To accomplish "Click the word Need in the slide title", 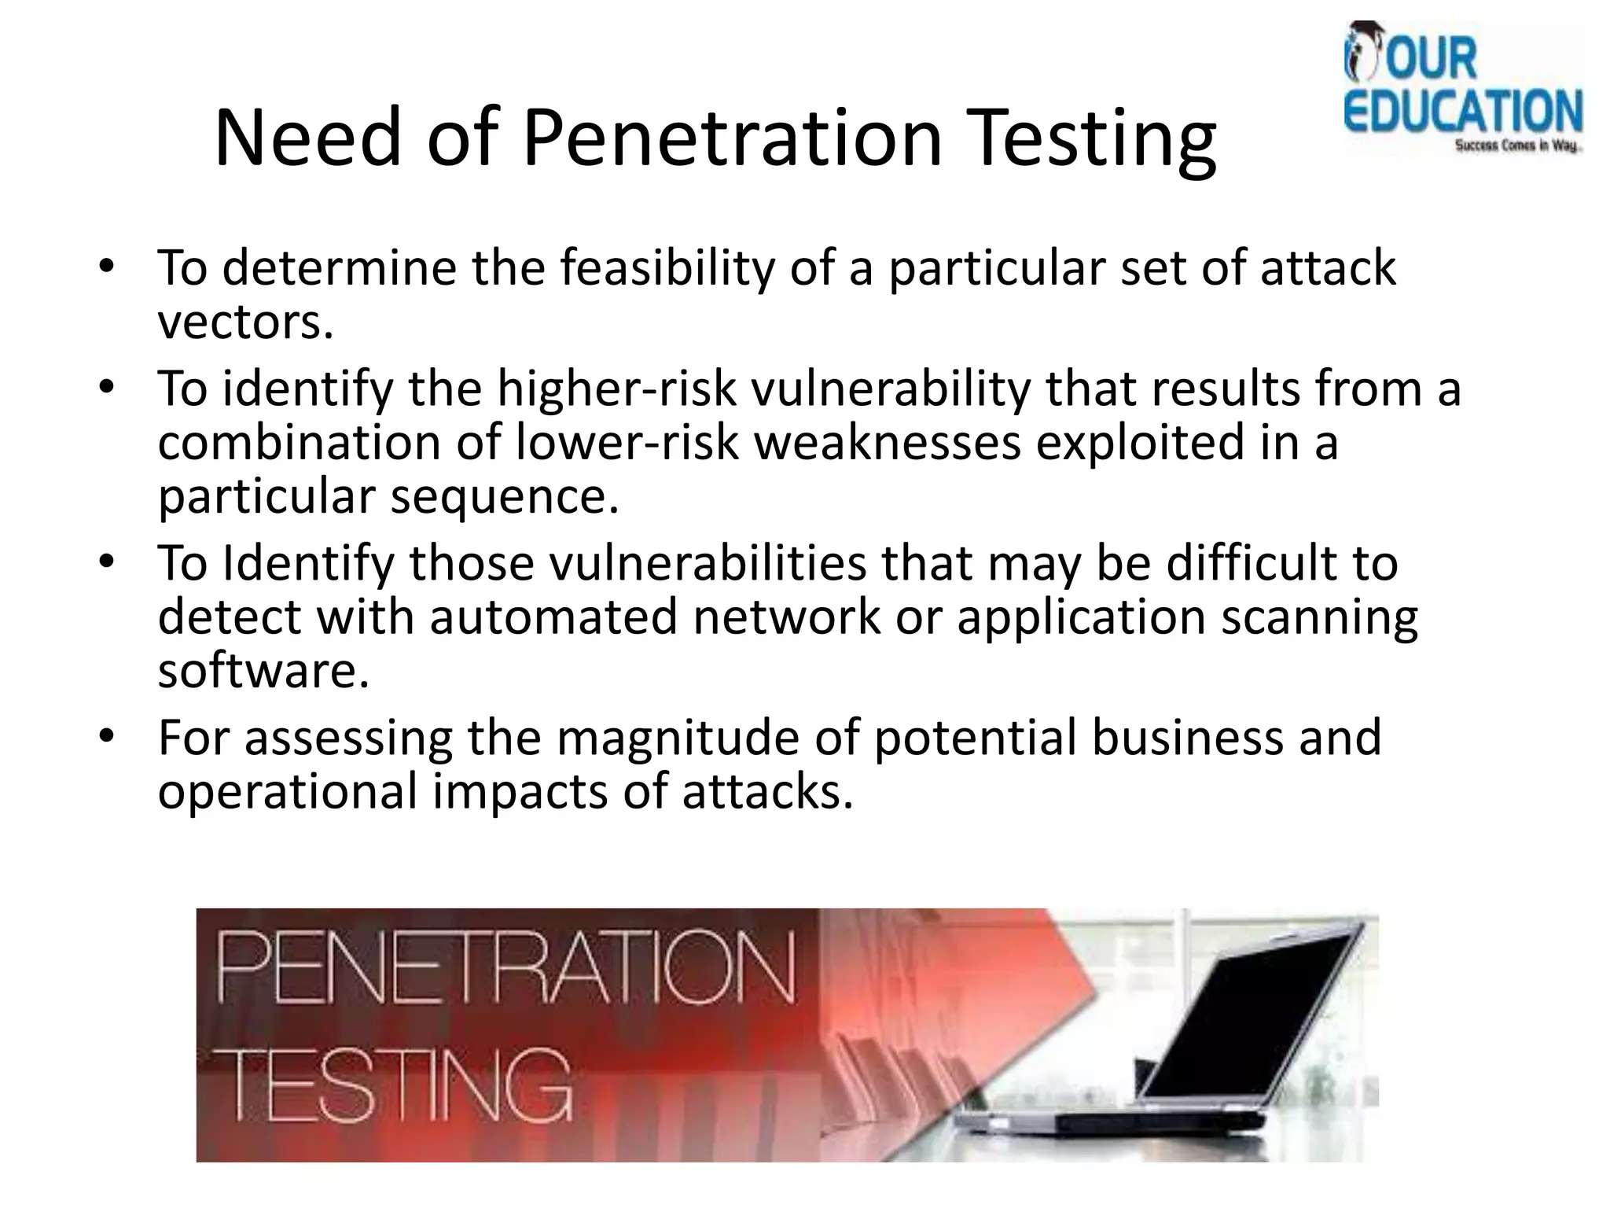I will [307, 138].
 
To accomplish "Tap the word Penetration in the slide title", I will [732, 138].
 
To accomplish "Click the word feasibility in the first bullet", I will [667, 268].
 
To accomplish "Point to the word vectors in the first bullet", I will [244, 322].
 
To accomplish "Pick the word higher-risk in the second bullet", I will [617, 389].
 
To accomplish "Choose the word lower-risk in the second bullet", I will [627, 443].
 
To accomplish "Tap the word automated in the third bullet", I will [553, 617].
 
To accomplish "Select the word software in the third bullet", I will [263, 671].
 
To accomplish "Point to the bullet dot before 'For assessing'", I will [108, 736].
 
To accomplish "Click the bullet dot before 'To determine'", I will [108, 266].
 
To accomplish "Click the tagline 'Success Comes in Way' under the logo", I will [1516, 146].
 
